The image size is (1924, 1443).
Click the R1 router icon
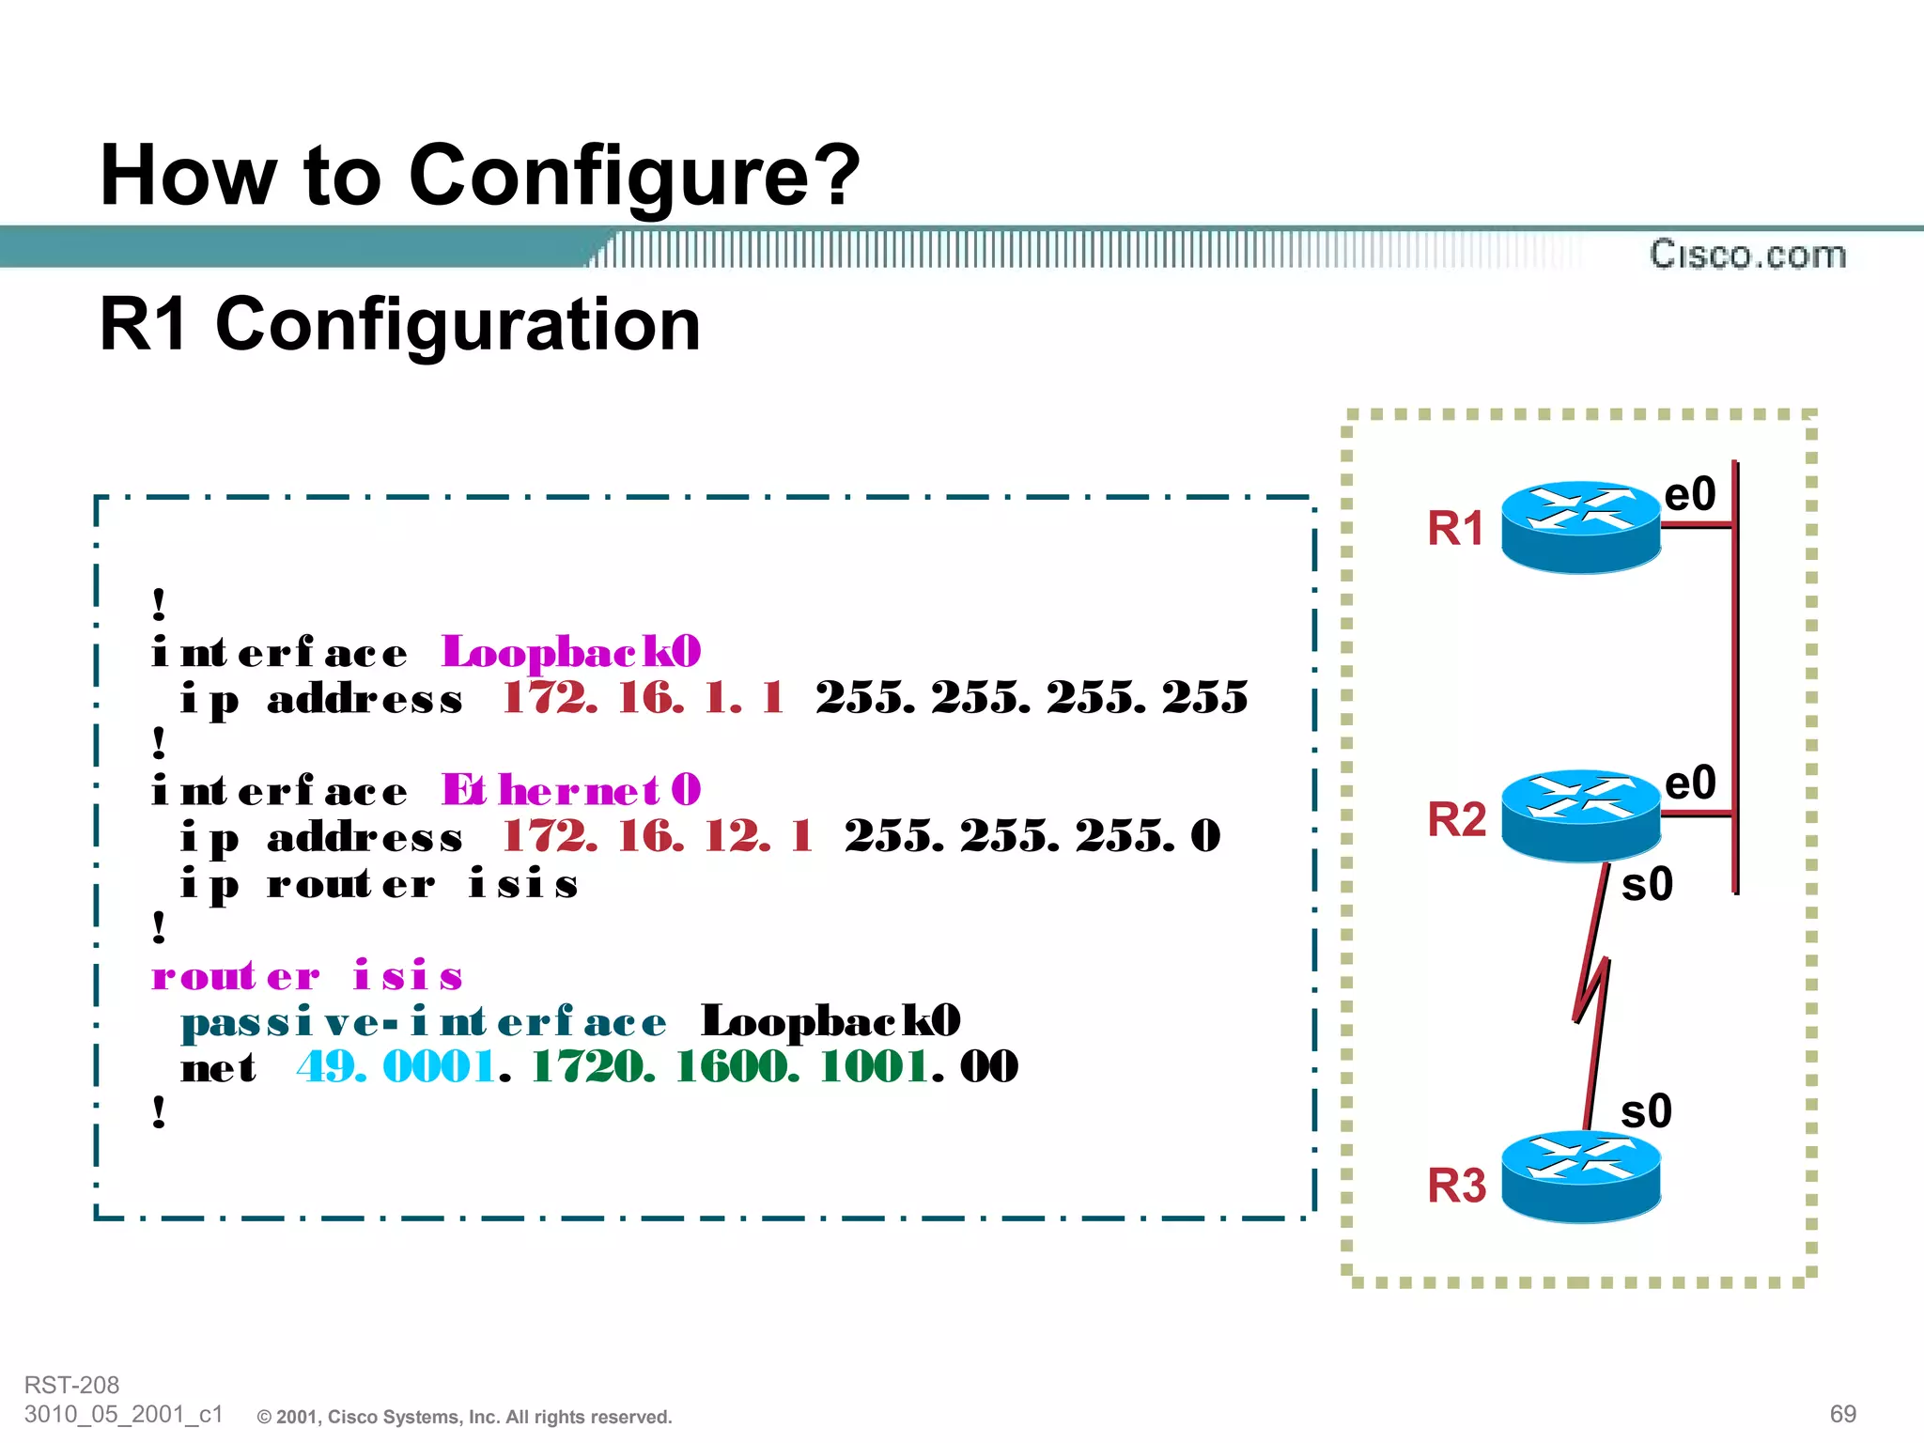coord(1580,527)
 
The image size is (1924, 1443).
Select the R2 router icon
coord(1580,815)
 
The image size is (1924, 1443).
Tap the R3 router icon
coord(1580,1176)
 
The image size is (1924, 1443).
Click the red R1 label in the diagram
coord(1455,528)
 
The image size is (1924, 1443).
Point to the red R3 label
coord(1456,1186)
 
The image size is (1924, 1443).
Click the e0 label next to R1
coord(1689,494)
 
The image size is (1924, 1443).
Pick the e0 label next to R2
coord(1689,783)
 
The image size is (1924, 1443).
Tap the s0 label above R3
coord(1646,1111)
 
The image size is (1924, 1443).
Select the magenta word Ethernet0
coord(571,791)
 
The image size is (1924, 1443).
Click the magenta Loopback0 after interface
coord(571,652)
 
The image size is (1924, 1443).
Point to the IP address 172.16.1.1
coord(643,698)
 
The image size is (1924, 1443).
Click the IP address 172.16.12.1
coord(658,836)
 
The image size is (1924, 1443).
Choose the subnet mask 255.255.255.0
coord(1032,836)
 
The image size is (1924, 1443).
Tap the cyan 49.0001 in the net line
coord(396,1067)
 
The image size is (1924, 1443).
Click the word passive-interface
coord(424,1022)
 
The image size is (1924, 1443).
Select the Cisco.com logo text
coord(1747,255)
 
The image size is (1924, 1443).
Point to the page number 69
coord(1842,1414)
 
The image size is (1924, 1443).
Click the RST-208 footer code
coord(72,1385)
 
